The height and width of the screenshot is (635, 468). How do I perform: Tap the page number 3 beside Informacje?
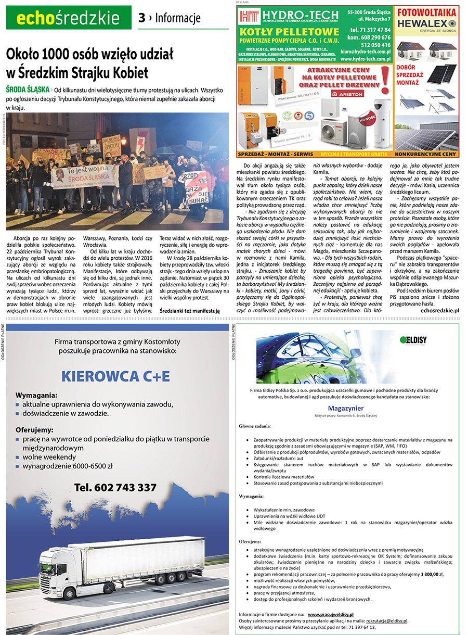(141, 18)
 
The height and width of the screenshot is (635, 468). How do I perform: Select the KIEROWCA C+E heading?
(115, 376)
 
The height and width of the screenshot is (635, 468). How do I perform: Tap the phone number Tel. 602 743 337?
(115, 487)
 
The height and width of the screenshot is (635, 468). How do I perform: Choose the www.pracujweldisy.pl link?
(333, 614)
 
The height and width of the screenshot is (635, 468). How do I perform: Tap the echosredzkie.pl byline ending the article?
(440, 310)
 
